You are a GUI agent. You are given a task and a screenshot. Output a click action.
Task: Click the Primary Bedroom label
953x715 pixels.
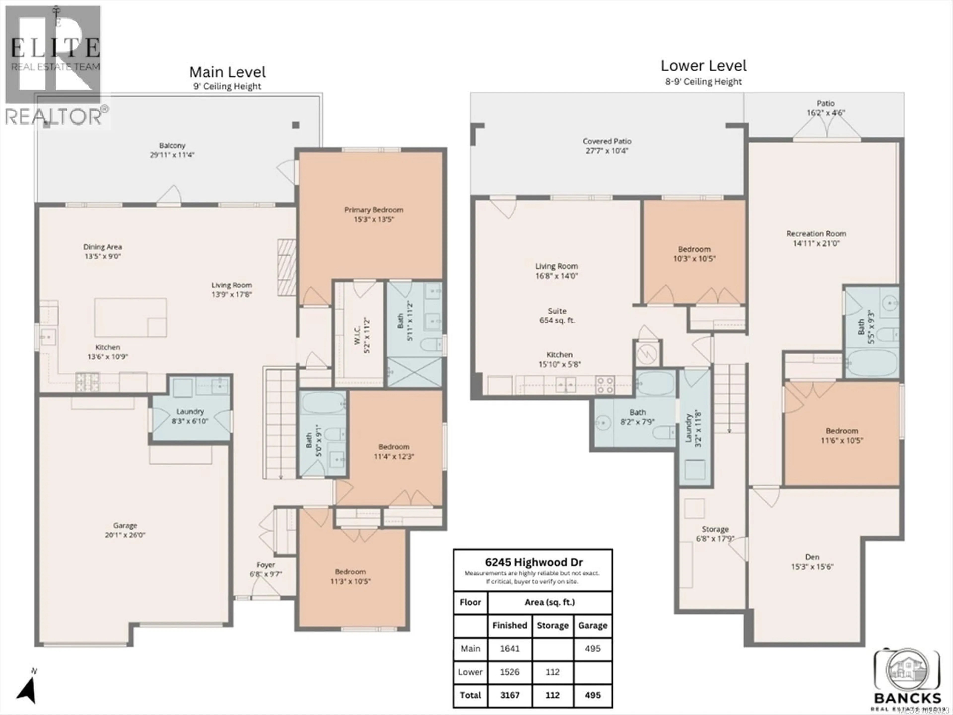pos(374,210)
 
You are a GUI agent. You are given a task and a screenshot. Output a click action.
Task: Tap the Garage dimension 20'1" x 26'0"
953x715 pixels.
pos(125,535)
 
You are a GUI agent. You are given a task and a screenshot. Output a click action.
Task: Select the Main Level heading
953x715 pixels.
pos(228,72)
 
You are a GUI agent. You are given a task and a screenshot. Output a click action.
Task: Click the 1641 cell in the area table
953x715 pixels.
pos(510,649)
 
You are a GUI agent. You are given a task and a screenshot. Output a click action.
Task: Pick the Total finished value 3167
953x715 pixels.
pos(510,695)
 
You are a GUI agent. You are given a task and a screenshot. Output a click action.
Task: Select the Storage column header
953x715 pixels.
pos(552,625)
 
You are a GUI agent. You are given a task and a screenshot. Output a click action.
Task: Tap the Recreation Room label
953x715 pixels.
pos(816,234)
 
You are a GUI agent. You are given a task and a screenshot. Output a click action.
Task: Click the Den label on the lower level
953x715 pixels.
pos(812,557)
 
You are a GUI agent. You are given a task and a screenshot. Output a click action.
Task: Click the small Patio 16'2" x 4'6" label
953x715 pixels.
pos(825,108)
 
